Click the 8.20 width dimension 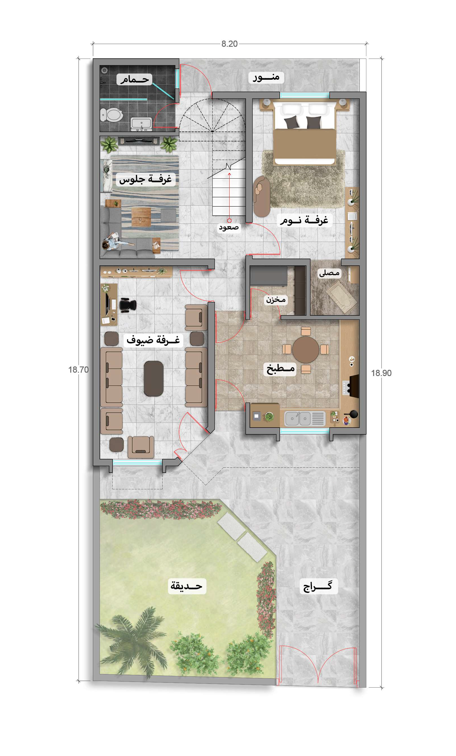230,44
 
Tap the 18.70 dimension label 78,370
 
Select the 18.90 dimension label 381,373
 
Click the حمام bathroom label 134,79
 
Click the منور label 266,77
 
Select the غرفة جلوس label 145,179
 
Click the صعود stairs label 229,228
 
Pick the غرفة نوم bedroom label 304,220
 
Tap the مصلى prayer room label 329,273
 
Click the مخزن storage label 276,299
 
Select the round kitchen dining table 305,350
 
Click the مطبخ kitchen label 281,369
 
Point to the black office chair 127,305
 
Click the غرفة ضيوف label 153,340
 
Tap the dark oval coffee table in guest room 154,379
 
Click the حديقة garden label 186,586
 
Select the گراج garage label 318,586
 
